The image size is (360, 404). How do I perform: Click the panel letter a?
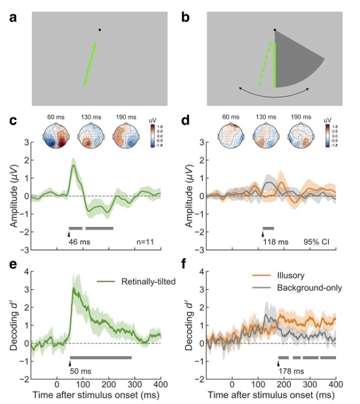[x=13, y=17]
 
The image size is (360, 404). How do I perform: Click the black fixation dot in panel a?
[x=100, y=29]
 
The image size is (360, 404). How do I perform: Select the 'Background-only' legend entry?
[x=304, y=288]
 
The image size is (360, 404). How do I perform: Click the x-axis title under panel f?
[x=271, y=397]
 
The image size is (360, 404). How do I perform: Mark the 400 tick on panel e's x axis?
[x=160, y=384]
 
